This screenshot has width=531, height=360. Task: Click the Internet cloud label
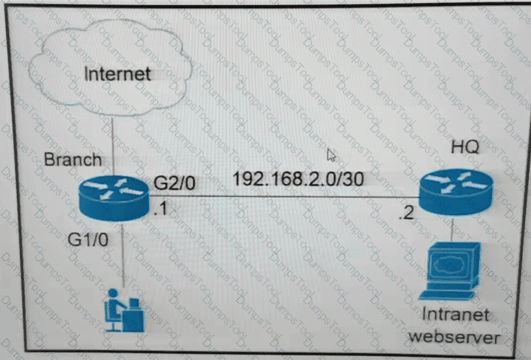[x=117, y=74]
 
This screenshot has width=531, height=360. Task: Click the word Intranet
[x=457, y=314]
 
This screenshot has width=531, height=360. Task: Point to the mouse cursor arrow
[x=331, y=155]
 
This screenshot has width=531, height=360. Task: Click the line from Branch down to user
[x=122, y=253]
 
